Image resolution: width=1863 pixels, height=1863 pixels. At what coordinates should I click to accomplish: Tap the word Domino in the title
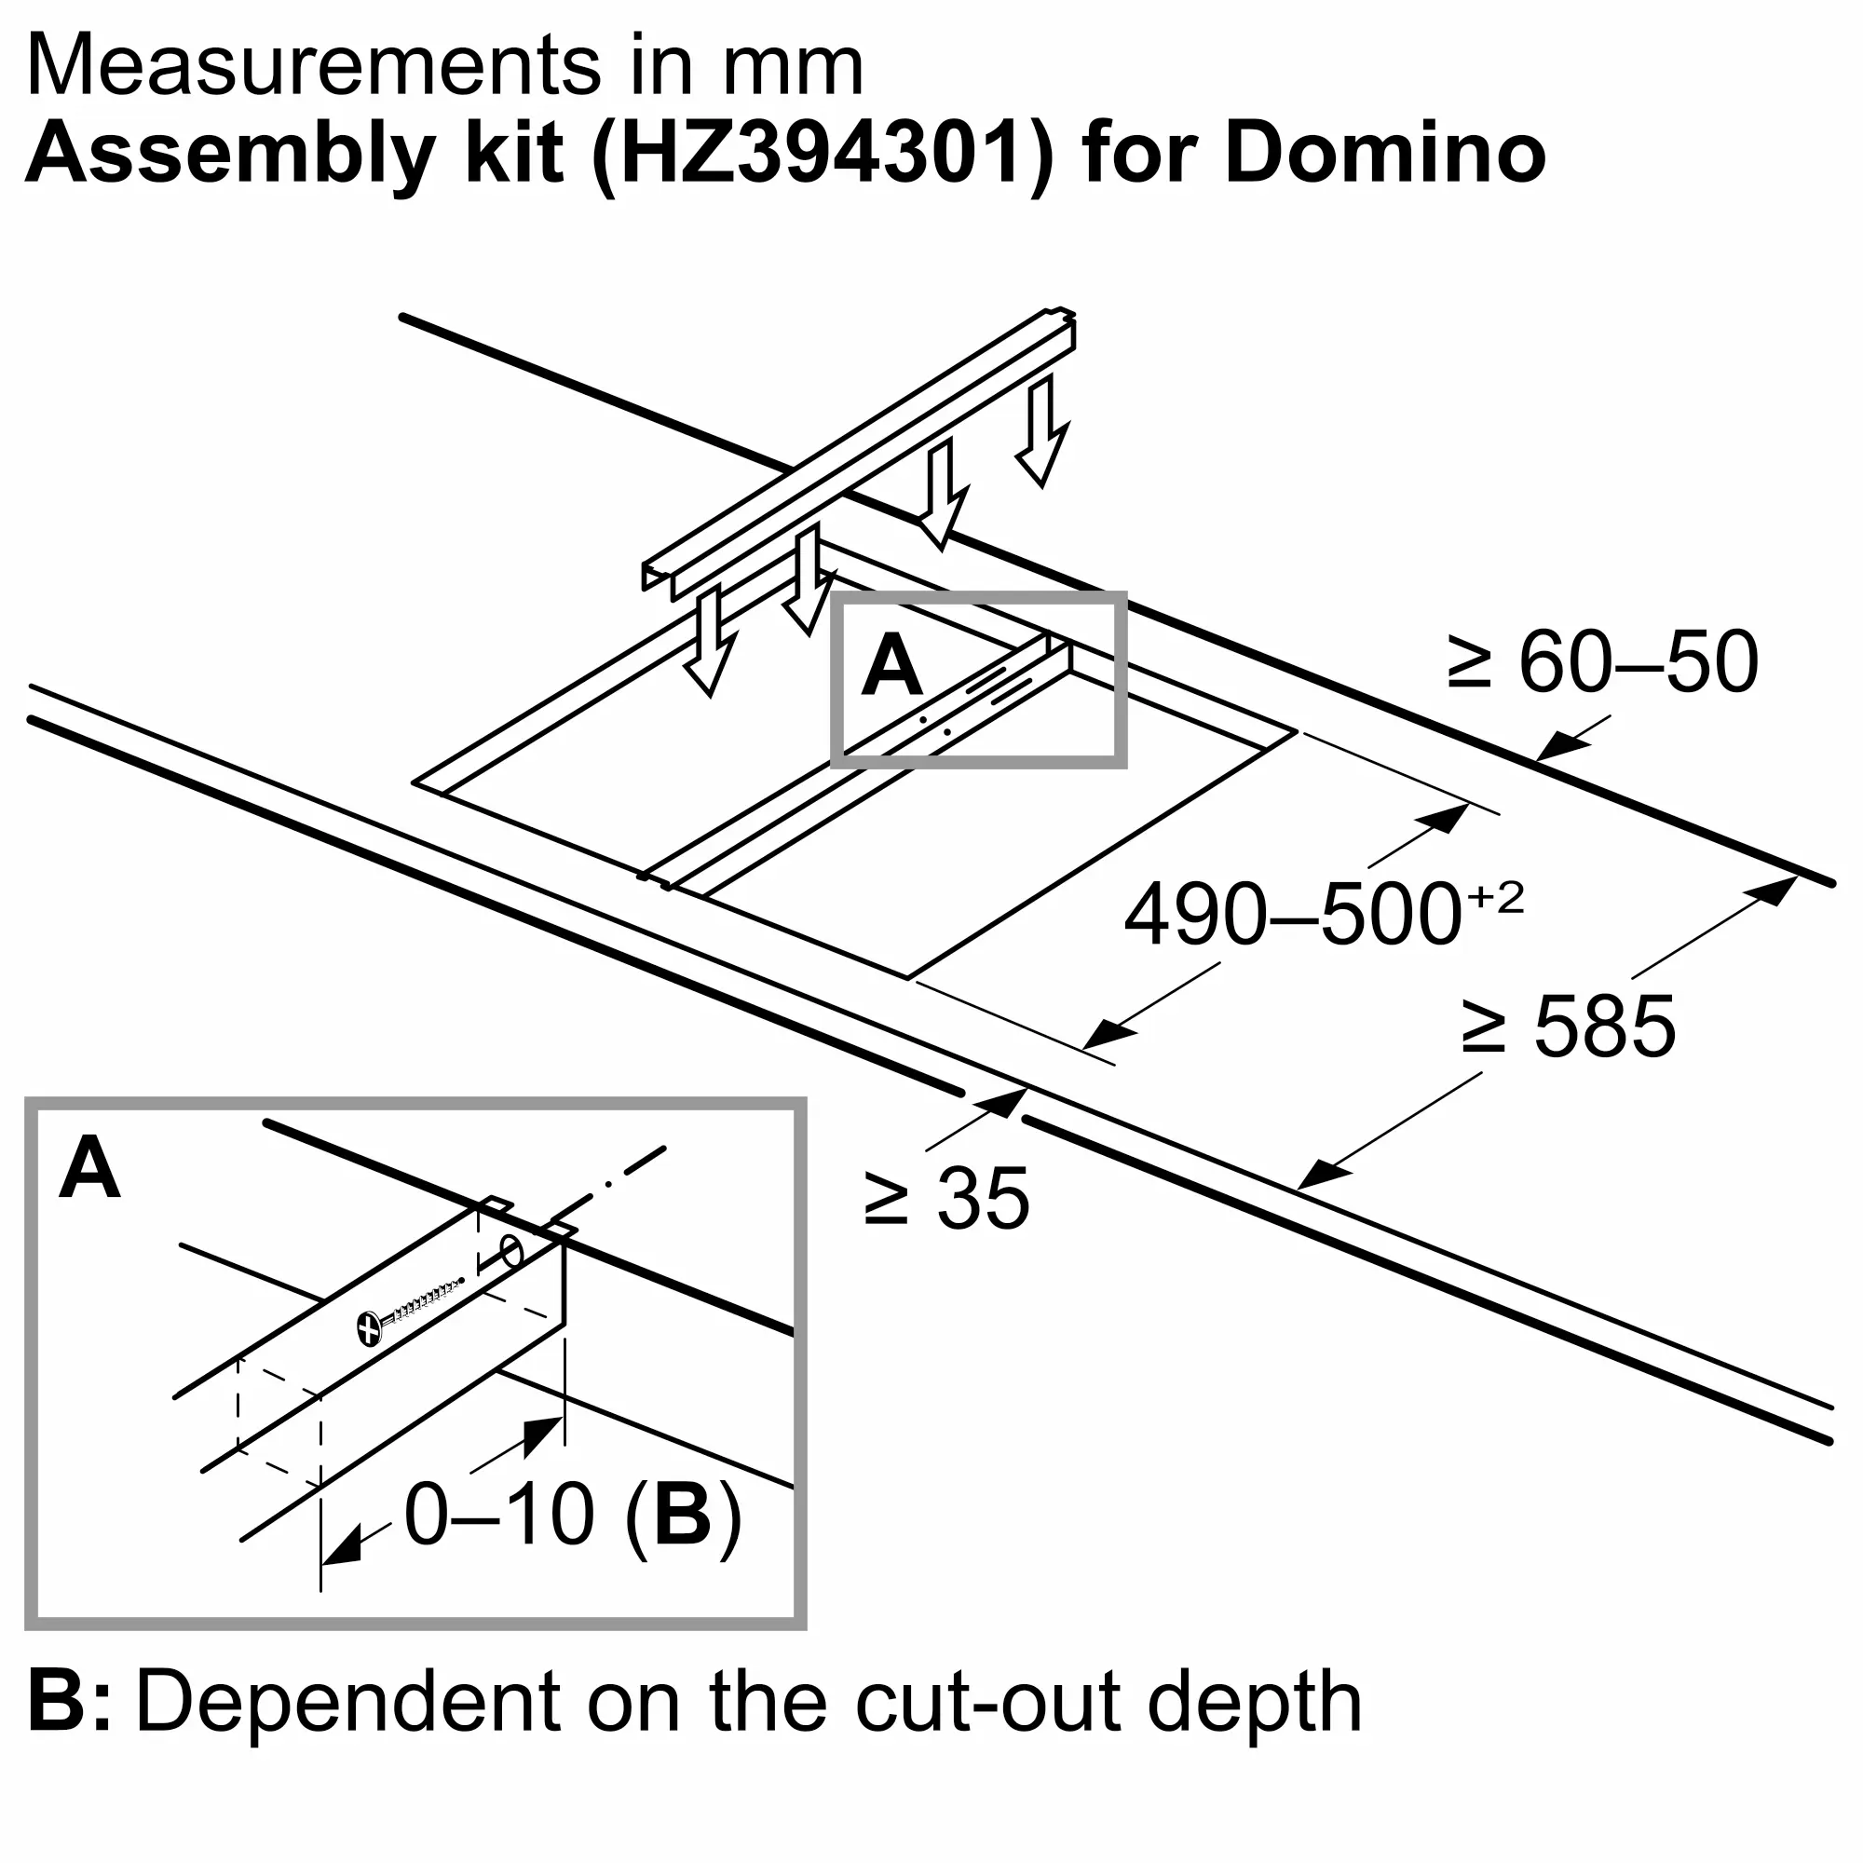pyautogui.click(x=1385, y=155)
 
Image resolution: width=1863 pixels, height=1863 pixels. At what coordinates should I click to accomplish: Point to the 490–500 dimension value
pyautogui.click(x=1292, y=914)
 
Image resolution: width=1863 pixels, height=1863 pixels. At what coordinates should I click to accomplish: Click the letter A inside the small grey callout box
pyautogui.click(x=892, y=666)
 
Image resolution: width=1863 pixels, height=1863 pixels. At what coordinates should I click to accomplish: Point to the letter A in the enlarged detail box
pyautogui.click(x=89, y=1169)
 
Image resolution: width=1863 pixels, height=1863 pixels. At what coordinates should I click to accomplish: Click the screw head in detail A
pyautogui.click(x=369, y=1327)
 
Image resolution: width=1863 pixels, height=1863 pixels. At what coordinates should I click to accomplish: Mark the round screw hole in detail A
pyautogui.click(x=512, y=1254)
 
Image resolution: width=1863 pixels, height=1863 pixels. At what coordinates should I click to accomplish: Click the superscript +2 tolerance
pyautogui.click(x=1496, y=899)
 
